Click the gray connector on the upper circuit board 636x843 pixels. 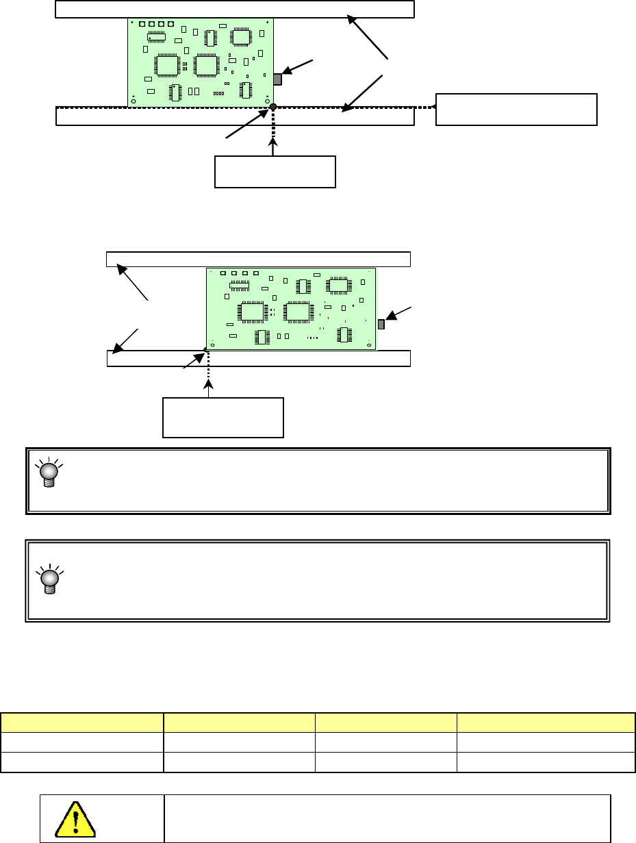277,79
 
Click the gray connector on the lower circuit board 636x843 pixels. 381,324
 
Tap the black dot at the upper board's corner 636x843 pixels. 272,107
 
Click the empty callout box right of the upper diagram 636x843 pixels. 517,110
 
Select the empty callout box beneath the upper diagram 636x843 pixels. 275,171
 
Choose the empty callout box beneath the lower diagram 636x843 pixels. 222,416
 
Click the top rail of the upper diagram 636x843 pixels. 234,9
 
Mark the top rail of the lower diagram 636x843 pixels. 258,259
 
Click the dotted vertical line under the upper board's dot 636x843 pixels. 273,127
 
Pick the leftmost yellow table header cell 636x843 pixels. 81,723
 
